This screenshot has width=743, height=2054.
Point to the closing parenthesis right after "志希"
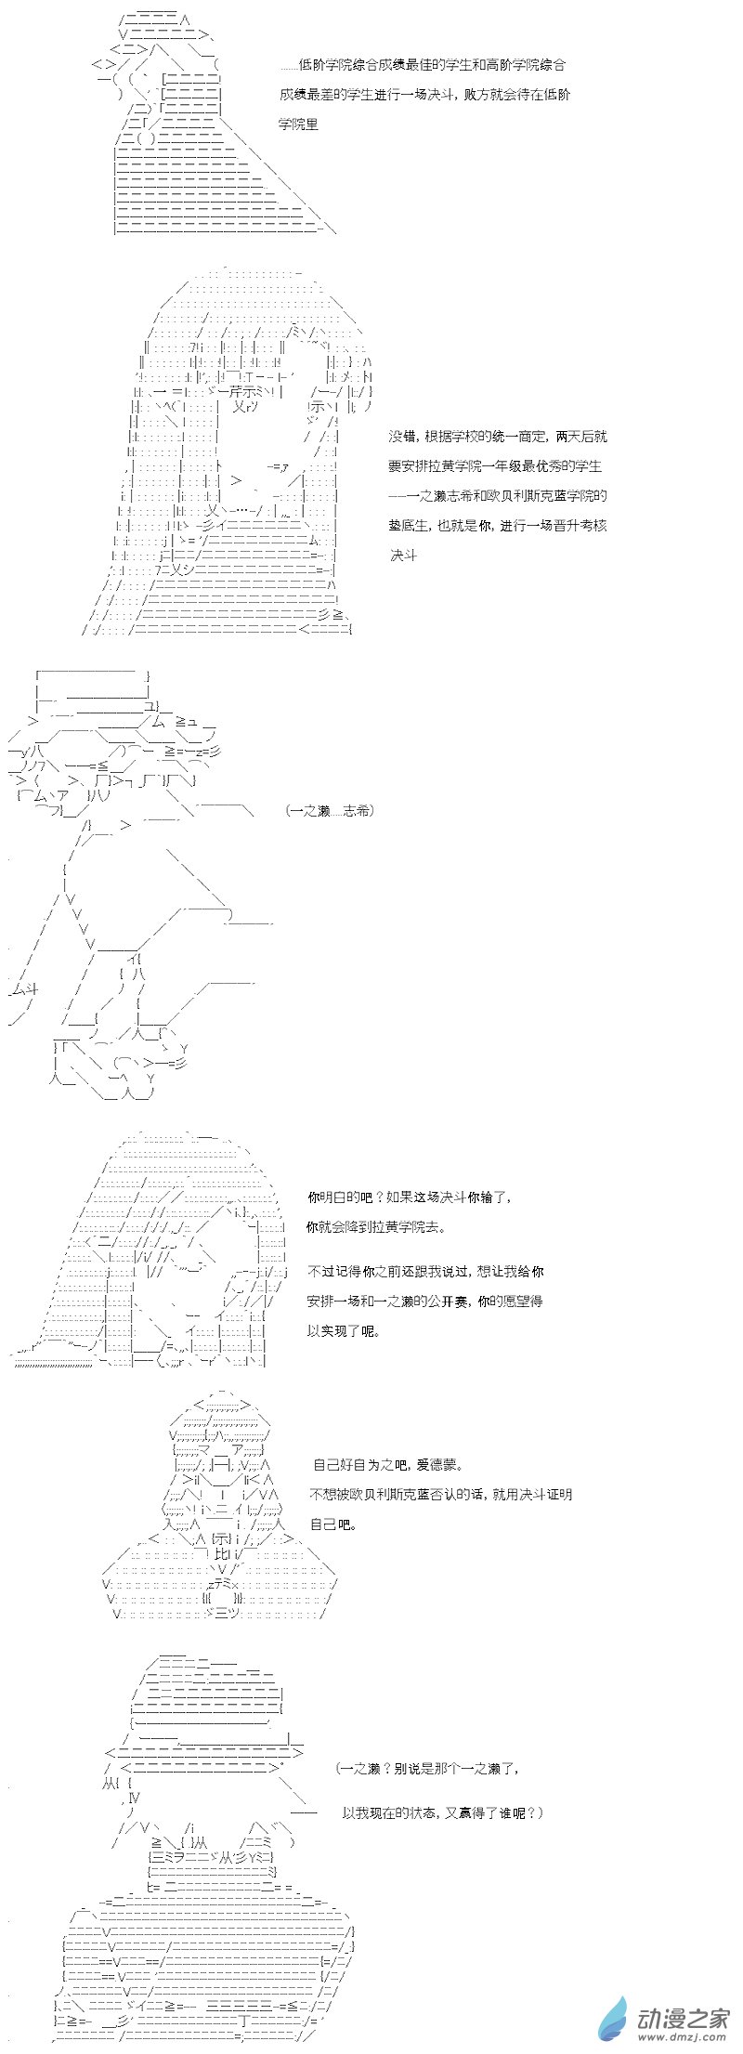pyautogui.click(x=371, y=811)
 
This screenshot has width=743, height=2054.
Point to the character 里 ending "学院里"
pyautogui.click(x=312, y=124)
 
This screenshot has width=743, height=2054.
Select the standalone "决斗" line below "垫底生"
pyautogui.click(x=403, y=556)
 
